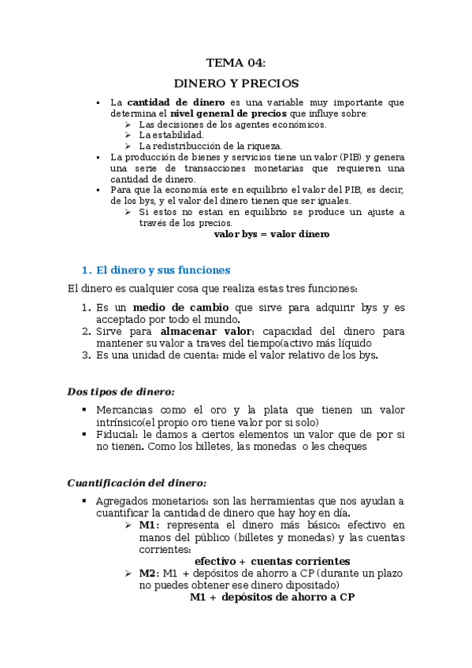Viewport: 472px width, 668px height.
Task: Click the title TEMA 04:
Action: pos(236,62)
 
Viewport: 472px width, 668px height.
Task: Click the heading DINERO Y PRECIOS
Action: pos(236,83)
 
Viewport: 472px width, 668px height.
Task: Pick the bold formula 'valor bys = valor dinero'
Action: pos(272,234)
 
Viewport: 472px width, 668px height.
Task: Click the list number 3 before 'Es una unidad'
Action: pos(87,355)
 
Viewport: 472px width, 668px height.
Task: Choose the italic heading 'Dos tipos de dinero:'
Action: pos(121,391)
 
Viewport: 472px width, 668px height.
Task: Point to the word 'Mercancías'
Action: pos(125,410)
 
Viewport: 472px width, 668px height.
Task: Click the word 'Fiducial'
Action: pos(117,434)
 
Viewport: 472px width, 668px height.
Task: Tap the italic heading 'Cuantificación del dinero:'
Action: pos(136,482)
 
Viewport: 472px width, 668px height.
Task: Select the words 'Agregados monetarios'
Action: pos(145,501)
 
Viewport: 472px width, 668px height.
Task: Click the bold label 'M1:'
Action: pos(150,525)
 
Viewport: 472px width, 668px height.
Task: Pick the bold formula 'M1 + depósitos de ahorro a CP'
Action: pos(272,597)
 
